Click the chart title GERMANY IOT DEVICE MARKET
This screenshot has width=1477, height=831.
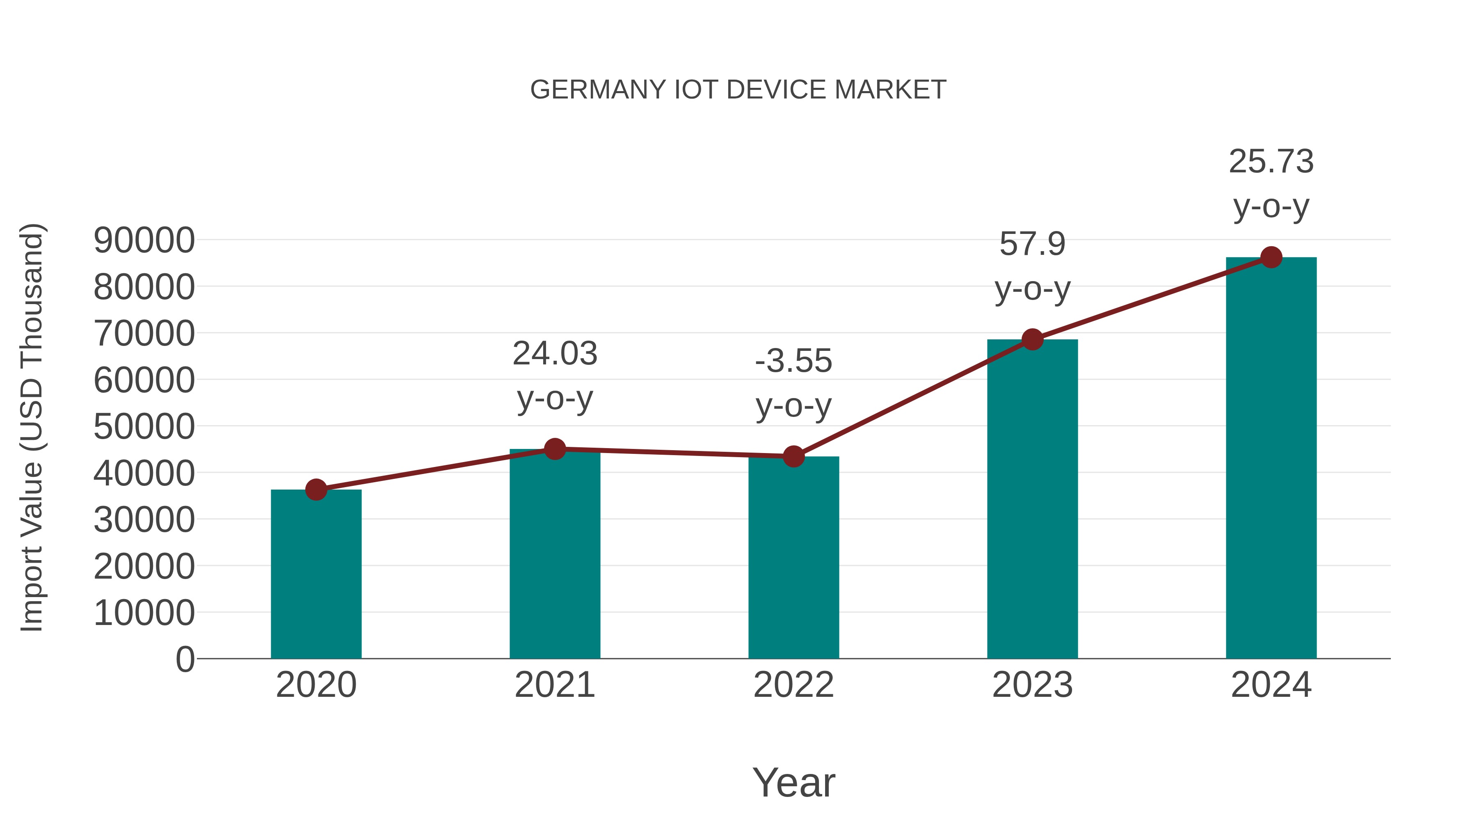738,90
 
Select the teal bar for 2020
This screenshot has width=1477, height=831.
316,574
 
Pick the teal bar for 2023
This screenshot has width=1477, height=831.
1032,499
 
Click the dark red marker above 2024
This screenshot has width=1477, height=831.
1271,257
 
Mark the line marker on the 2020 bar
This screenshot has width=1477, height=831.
316,490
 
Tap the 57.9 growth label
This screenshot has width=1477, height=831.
1032,244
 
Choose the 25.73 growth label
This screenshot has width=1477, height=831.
1271,162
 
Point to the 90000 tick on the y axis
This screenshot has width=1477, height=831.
144,240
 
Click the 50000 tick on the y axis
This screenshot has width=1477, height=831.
144,427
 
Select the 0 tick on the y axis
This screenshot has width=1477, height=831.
185,659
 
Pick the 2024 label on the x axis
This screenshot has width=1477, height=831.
1271,685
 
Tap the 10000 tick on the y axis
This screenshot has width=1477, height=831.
144,613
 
